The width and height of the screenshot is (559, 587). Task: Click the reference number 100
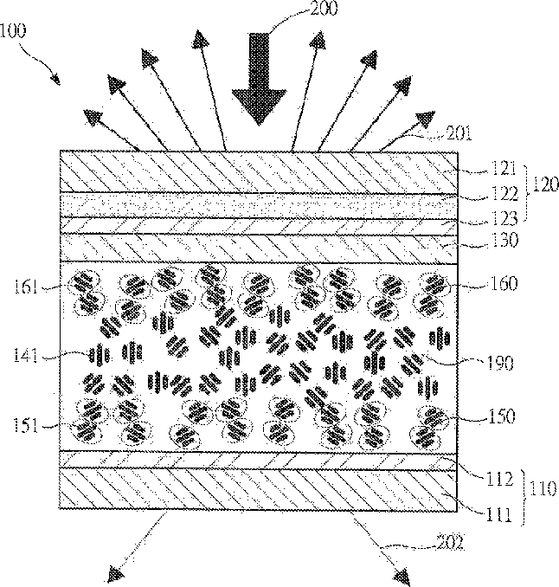(x=14, y=30)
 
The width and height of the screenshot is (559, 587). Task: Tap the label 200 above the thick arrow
(x=324, y=9)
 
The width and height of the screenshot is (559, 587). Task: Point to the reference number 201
(x=459, y=133)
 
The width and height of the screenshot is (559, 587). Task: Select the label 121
(x=504, y=169)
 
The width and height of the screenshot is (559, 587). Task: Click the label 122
(x=504, y=193)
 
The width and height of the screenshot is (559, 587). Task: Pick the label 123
(x=504, y=218)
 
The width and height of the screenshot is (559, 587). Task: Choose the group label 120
(x=545, y=185)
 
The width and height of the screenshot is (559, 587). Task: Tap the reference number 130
(x=504, y=240)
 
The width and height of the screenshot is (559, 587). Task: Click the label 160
(x=504, y=283)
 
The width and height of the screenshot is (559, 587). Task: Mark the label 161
(x=26, y=287)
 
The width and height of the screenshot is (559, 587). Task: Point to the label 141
(x=25, y=355)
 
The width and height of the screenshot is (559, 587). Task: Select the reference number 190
(x=500, y=363)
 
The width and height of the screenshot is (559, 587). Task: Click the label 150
(x=501, y=416)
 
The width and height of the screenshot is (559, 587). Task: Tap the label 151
(x=26, y=426)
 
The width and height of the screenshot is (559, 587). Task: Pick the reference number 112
(x=499, y=479)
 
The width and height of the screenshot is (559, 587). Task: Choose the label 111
(x=498, y=515)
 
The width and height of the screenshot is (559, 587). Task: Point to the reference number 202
(x=451, y=543)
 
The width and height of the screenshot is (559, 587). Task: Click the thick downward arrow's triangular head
(x=259, y=106)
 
